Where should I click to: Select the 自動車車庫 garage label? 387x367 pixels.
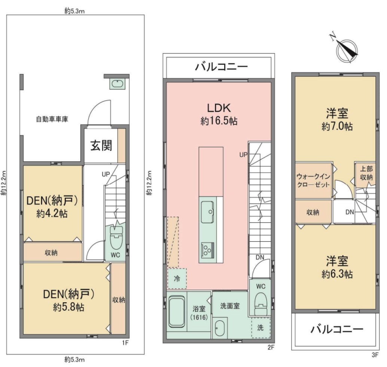(52, 119)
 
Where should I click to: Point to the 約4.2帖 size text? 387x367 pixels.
(52, 213)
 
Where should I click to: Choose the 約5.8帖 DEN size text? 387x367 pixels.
(68, 307)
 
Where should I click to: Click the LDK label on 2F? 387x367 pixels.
(219, 108)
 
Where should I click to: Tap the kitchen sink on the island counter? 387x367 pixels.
(208, 212)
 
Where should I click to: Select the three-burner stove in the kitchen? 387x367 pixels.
(208, 250)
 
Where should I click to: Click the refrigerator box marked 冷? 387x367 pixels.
(177, 278)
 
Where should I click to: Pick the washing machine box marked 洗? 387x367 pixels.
(261, 328)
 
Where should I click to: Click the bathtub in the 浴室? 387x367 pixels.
(177, 312)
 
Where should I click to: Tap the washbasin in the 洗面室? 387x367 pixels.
(219, 328)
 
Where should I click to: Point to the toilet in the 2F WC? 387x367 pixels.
(260, 303)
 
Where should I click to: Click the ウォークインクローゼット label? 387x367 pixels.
(313, 181)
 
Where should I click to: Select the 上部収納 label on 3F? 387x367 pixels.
(366, 173)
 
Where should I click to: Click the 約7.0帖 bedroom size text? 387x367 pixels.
(337, 126)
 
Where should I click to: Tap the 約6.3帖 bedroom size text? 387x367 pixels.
(337, 274)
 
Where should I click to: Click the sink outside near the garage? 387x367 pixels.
(118, 84)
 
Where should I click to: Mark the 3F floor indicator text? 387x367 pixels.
(375, 355)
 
